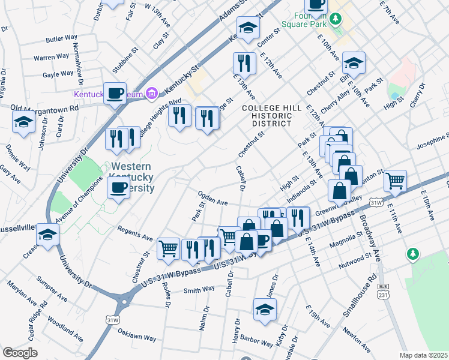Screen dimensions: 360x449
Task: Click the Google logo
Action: click(20, 353)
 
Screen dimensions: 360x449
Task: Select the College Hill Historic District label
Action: click(267, 115)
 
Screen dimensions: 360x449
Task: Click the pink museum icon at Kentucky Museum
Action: click(152, 93)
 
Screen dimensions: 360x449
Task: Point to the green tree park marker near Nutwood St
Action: click(412, 254)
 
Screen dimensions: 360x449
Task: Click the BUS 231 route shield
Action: click(382, 292)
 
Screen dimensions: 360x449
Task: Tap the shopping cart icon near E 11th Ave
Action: click(395, 179)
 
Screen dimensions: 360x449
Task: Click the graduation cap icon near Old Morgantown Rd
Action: click(23, 121)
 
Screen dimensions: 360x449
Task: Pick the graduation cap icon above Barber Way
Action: click(264, 308)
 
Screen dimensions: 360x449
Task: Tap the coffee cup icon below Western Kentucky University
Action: click(118, 188)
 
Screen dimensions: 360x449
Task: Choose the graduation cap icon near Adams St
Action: click(247, 27)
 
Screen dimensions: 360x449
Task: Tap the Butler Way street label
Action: click(62, 38)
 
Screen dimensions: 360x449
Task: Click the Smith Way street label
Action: click(199, 290)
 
